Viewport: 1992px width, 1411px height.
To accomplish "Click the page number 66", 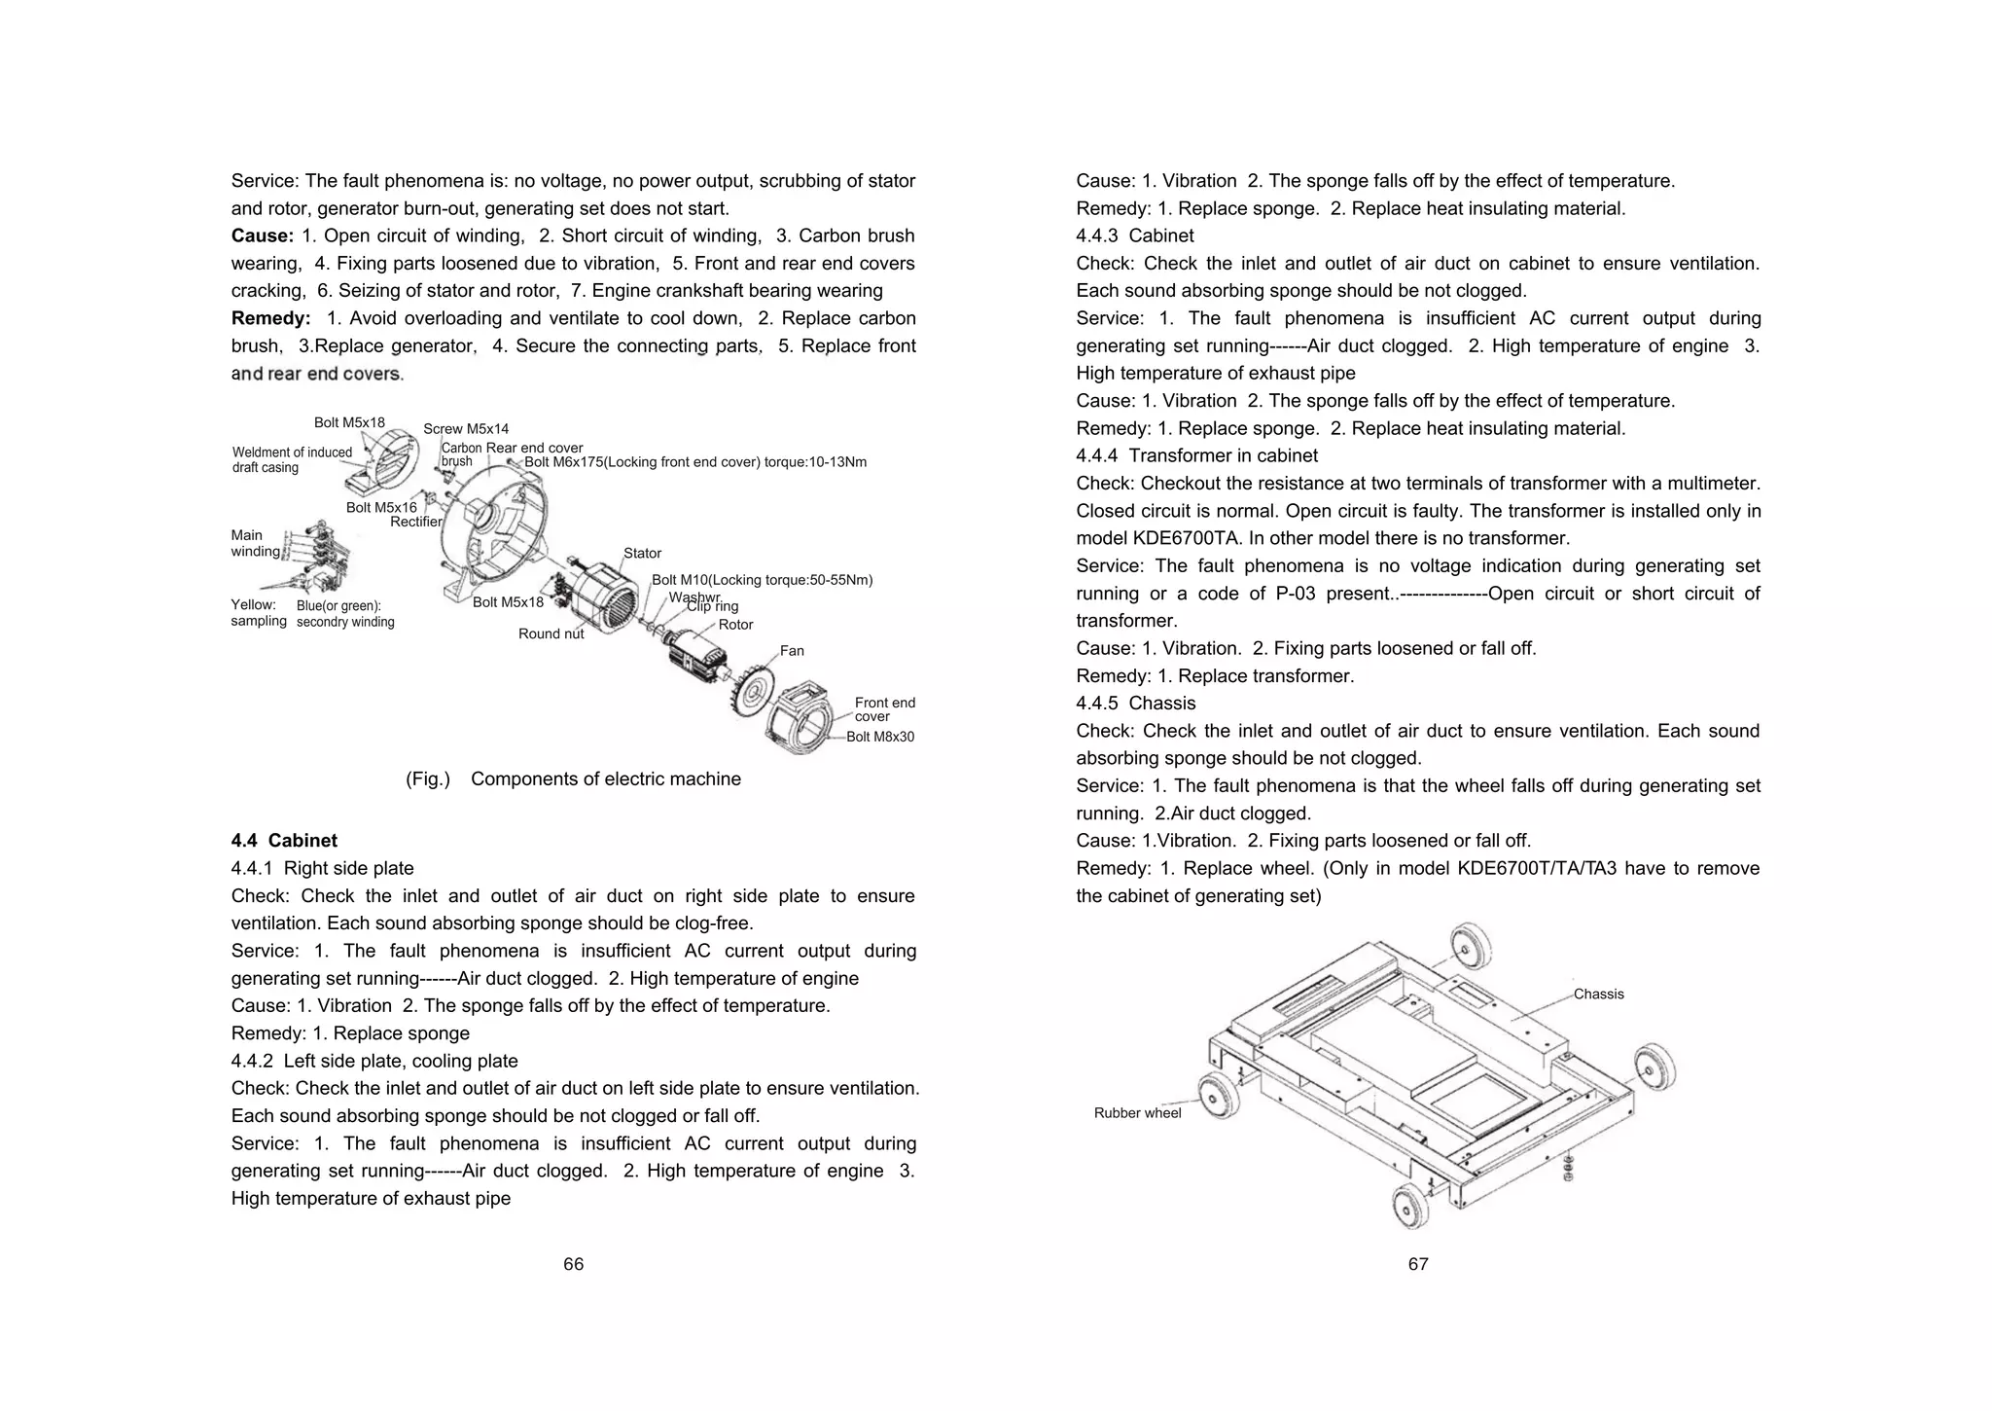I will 573,1264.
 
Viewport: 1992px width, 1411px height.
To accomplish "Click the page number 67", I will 1418,1264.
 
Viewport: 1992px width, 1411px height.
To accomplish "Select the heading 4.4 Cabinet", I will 284,841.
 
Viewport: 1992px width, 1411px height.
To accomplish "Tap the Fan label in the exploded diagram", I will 792,651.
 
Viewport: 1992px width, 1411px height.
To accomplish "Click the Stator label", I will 642,553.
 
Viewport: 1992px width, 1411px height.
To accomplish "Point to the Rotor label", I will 735,625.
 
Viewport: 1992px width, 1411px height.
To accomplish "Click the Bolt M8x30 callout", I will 880,737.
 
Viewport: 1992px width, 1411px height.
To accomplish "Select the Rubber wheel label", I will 1137,1113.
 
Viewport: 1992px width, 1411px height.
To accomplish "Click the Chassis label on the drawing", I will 1598,994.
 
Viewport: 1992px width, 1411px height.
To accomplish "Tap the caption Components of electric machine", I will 605,779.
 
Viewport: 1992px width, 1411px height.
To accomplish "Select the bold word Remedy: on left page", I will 270,318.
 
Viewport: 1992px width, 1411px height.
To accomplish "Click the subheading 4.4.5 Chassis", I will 1135,703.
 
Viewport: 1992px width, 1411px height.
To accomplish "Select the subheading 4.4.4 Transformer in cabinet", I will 1196,455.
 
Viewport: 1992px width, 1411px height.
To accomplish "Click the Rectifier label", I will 416,522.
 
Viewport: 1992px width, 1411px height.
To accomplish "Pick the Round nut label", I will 551,633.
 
